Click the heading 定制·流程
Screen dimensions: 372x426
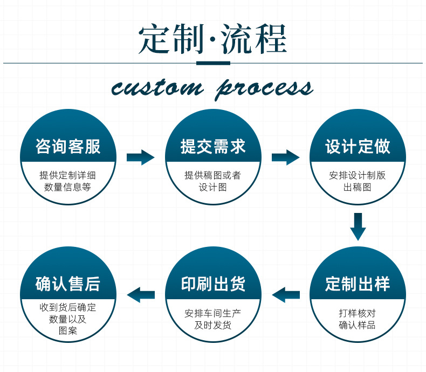212,39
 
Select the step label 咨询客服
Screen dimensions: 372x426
68,146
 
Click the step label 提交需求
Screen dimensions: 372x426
213,146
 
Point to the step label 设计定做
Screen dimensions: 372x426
358,146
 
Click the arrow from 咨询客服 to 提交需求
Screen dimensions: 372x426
140,157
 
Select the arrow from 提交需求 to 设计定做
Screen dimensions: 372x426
285,157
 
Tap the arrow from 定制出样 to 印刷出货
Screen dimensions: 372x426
285,294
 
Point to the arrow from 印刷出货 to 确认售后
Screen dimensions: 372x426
140,294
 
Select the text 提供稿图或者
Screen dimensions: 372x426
213,175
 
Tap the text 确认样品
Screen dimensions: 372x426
358,325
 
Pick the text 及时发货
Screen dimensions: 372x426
213,325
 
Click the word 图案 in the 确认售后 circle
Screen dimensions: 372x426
68,330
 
